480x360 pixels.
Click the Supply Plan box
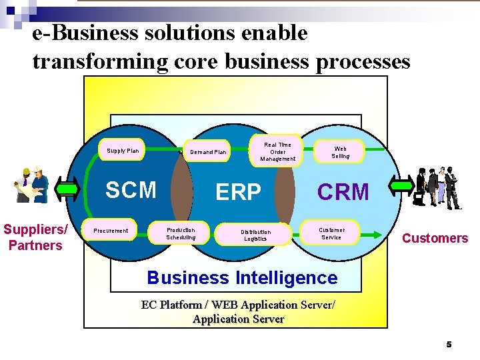click(123, 151)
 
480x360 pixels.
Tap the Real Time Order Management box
click(278, 151)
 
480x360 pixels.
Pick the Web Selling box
click(340, 152)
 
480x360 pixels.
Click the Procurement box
click(111, 231)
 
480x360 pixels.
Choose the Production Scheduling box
click(181, 233)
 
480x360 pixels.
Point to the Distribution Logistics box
click(255, 235)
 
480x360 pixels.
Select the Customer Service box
click(331, 233)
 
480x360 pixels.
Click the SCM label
click(131, 190)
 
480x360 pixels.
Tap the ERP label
click(238, 192)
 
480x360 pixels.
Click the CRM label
click(343, 192)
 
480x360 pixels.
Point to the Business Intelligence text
click(242, 277)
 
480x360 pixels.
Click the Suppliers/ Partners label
click(35, 237)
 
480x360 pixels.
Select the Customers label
click(435, 238)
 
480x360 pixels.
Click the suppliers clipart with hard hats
click(32, 185)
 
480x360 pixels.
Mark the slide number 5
click(449, 344)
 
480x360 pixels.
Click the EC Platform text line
click(239, 305)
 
